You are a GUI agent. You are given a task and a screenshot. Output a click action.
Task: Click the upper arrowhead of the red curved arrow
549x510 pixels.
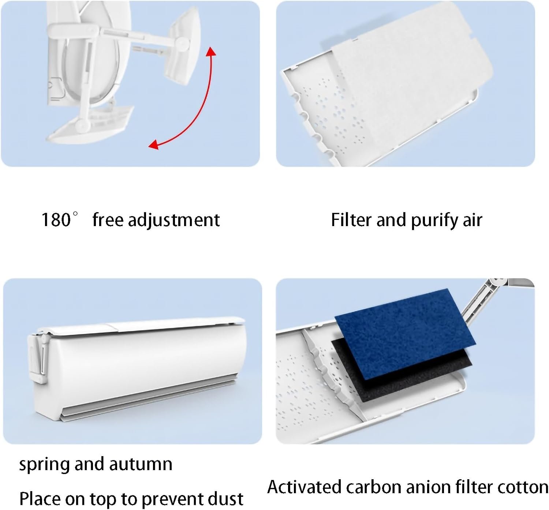point(211,52)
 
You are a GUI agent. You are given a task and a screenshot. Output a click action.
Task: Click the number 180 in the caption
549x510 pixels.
point(56,220)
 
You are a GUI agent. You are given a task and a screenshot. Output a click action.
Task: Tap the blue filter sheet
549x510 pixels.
point(405,334)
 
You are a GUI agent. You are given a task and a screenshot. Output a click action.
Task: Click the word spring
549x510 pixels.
point(44,465)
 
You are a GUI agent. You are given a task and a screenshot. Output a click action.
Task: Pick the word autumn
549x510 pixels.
point(141,464)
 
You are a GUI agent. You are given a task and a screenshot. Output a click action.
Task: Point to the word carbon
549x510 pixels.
point(372,487)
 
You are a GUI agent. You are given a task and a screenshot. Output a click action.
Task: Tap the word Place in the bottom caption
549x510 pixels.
point(40,499)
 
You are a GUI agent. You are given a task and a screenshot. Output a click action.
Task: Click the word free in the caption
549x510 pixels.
point(108,220)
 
